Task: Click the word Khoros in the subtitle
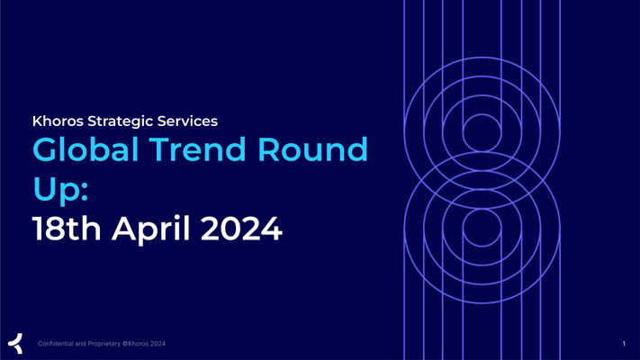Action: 58,121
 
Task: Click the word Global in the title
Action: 86,149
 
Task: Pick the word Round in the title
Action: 312,149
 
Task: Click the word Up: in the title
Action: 60,190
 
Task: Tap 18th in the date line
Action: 67,229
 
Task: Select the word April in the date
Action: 151,229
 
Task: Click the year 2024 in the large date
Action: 241,229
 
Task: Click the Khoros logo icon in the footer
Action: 15,343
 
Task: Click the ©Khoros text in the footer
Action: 136,344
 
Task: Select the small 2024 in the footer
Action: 158,344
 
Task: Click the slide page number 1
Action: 624,344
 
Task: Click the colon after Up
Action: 85,192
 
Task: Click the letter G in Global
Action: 45,149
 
